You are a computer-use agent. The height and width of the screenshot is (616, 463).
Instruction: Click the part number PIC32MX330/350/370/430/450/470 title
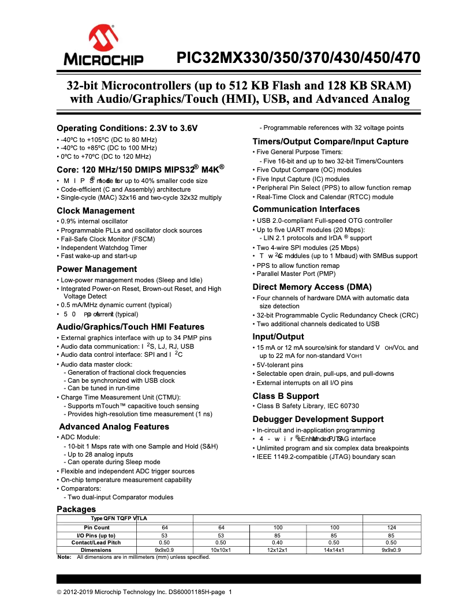(x=298, y=58)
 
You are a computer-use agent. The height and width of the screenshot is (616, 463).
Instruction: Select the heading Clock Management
(x=95, y=211)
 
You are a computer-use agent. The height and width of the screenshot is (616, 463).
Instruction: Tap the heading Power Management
(x=96, y=269)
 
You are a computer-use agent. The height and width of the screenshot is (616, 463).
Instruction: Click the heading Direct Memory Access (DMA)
(x=312, y=287)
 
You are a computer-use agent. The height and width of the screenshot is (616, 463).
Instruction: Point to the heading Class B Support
(x=285, y=396)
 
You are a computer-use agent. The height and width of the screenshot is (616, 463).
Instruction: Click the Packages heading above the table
(x=76, y=509)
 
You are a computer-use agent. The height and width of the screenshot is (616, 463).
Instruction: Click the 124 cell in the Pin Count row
(x=391, y=528)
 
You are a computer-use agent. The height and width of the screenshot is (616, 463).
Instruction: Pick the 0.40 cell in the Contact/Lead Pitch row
(x=278, y=543)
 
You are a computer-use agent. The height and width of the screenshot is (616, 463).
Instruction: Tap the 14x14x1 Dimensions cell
(x=334, y=550)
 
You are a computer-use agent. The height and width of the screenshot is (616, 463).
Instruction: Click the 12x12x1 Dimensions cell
(x=278, y=550)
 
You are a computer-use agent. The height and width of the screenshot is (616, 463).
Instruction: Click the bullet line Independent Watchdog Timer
(x=103, y=247)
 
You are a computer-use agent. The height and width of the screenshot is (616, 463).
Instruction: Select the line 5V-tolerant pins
(x=279, y=365)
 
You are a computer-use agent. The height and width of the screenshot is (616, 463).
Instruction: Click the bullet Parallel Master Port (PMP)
(x=296, y=274)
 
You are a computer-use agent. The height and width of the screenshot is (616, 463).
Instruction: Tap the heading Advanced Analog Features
(x=114, y=427)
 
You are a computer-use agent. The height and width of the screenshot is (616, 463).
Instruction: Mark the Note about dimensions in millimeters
(x=139, y=557)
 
